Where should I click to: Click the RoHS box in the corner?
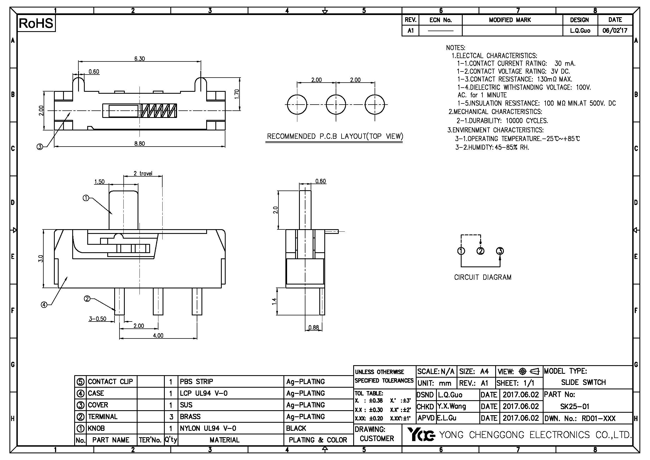click(36, 23)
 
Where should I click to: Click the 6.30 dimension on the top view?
click(140, 59)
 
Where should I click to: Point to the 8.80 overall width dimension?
click(140, 144)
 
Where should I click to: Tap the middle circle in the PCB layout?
click(336, 105)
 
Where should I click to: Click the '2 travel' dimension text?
click(143, 173)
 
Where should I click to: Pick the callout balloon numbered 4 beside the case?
click(44, 305)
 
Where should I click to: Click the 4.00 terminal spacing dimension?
click(158, 336)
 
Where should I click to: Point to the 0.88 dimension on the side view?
click(314, 327)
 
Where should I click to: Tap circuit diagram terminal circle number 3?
click(500, 251)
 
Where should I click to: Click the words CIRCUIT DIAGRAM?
click(483, 277)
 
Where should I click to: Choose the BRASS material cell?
click(190, 416)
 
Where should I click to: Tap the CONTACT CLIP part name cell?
click(110, 382)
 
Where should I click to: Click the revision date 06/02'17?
click(615, 31)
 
